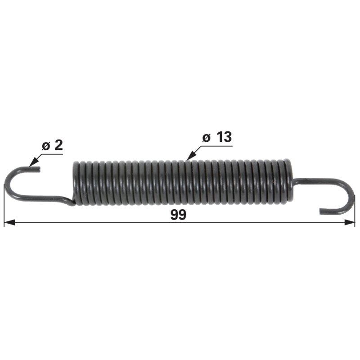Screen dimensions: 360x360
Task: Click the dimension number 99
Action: coord(178,215)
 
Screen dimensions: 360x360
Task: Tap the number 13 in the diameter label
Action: coord(224,137)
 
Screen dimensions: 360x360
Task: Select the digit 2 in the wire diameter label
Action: coord(59,145)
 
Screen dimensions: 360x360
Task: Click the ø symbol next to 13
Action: coord(207,138)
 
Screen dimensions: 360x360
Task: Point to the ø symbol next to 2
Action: coord(46,146)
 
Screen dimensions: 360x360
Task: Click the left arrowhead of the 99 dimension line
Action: coord(9,222)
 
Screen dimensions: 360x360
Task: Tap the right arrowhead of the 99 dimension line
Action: coord(350,222)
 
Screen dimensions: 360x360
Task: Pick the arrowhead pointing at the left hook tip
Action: coord(33,162)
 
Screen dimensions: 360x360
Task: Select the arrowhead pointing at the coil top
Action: coord(191,156)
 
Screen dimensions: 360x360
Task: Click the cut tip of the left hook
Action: coord(39,170)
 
